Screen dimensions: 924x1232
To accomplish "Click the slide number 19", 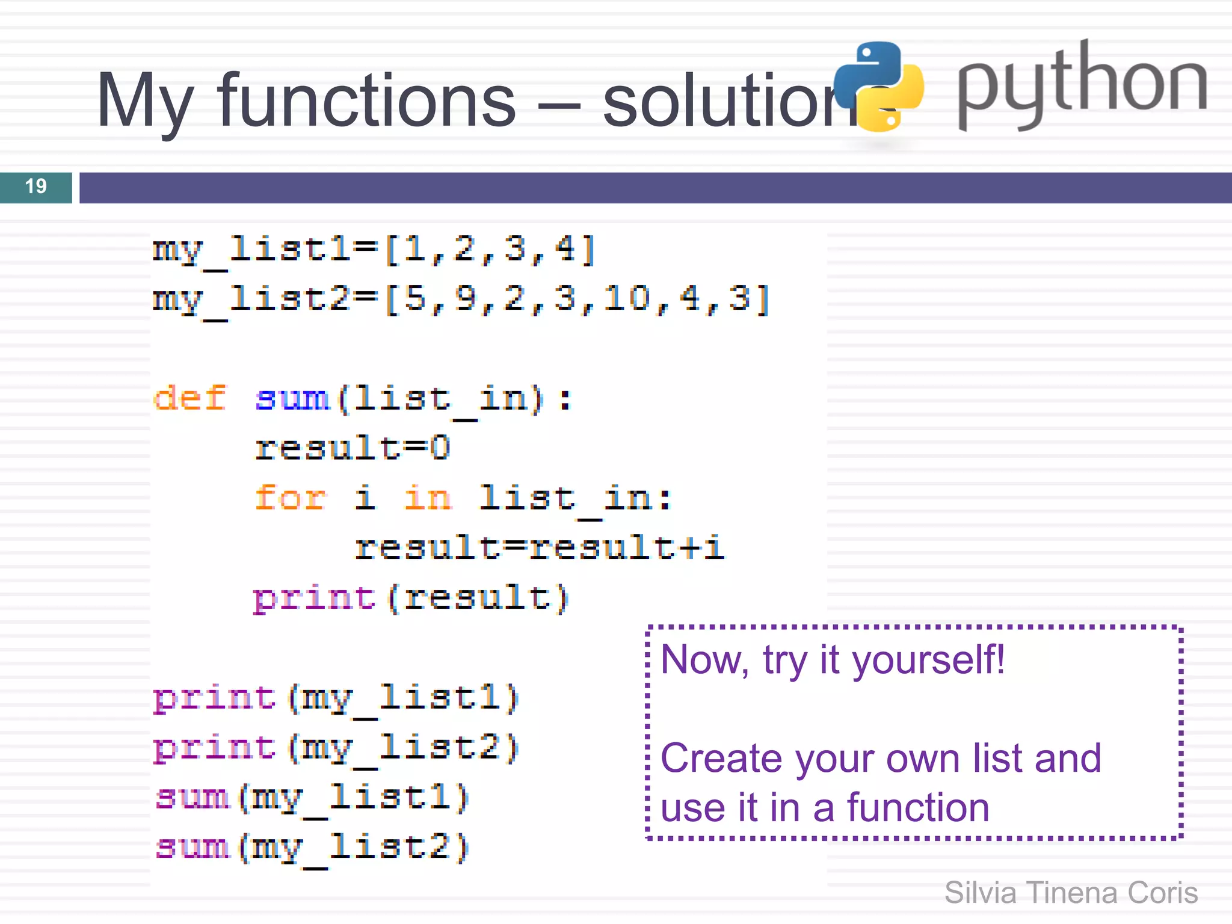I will point(35,186).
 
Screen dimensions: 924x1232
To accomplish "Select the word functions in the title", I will point(366,100).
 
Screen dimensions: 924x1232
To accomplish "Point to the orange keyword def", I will point(190,398).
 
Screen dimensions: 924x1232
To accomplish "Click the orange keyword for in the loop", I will point(291,498).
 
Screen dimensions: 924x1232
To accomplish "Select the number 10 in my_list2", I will point(626,298).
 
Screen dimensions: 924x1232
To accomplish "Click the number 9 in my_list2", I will point(465,298).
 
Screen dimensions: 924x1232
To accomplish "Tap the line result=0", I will point(353,448).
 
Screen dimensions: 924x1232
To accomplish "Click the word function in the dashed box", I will point(918,808).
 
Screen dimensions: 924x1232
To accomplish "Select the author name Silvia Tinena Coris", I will point(1071,893).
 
